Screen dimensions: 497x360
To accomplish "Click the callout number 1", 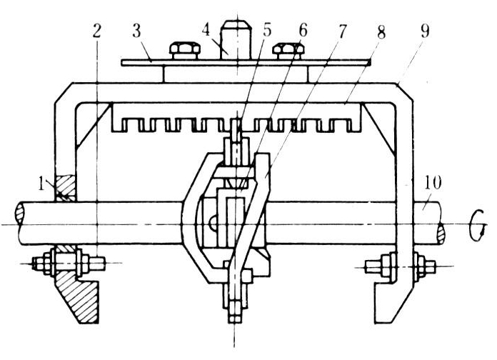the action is click(x=41, y=184).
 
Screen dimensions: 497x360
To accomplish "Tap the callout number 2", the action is click(x=97, y=31).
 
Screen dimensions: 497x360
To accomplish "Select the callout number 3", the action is click(x=136, y=31).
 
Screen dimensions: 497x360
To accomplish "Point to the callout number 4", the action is click(x=206, y=31).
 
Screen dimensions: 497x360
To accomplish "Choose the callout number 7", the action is click(x=341, y=31).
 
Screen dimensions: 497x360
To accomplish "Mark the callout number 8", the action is click(x=381, y=31).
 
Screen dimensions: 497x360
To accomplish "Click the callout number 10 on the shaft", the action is click(x=432, y=184).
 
